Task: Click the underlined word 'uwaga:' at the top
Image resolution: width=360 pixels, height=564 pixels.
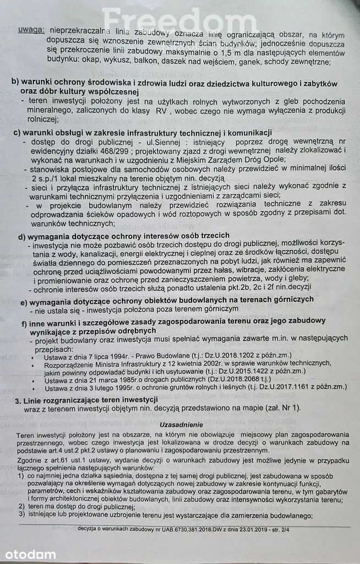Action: tap(31, 30)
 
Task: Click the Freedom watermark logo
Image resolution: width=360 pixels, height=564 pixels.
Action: tap(179, 20)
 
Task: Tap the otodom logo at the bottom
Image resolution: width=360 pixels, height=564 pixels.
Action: tap(30, 554)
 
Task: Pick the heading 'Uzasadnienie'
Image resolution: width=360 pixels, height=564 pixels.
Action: tap(181, 425)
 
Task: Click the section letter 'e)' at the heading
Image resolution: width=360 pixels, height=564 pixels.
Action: tap(25, 302)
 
